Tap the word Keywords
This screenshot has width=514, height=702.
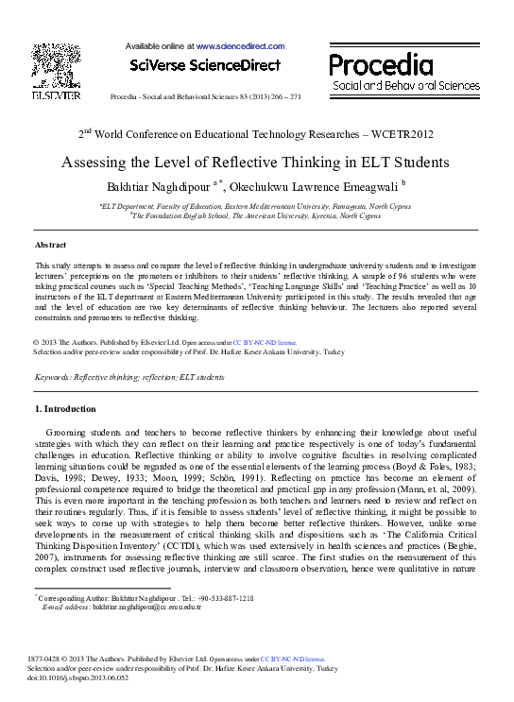coord(55,377)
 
